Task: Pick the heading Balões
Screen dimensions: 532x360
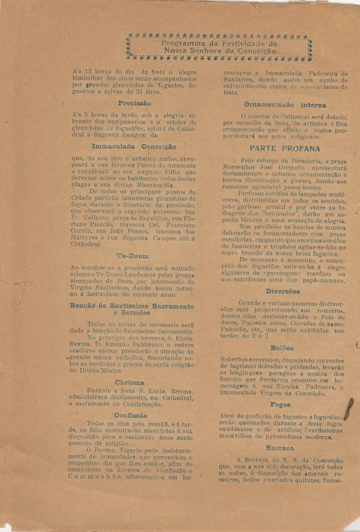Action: click(x=282, y=347)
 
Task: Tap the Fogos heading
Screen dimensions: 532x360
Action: click(x=281, y=404)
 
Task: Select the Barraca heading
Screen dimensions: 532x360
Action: click(x=281, y=448)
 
